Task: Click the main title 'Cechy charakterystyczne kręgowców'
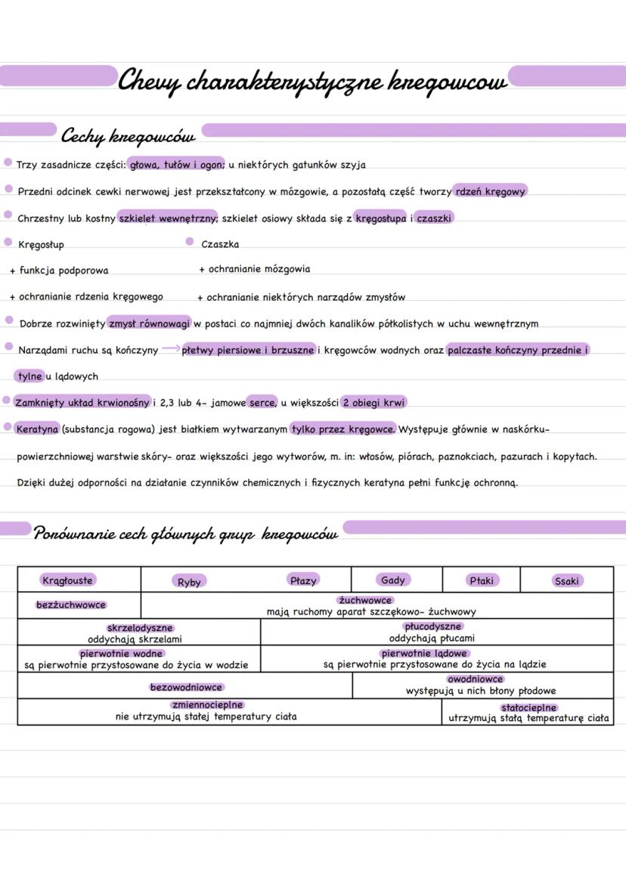(312, 80)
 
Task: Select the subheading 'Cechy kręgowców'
(128, 137)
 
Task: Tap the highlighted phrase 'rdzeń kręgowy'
(490, 191)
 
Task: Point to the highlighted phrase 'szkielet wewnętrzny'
(168, 218)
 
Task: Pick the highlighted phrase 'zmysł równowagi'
(149, 323)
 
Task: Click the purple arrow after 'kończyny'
(171, 348)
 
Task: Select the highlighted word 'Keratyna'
(37, 429)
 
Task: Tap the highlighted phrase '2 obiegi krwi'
(373, 402)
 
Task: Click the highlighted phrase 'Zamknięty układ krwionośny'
(82, 402)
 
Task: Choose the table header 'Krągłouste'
(67, 580)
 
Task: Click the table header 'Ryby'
(189, 582)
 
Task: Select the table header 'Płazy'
(303, 580)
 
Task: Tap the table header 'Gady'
(392, 580)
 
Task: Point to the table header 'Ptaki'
(481, 580)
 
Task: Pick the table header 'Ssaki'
(566, 581)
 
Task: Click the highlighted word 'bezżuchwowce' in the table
(71, 605)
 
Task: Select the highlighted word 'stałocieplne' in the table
(528, 708)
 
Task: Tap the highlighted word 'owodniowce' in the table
(475, 679)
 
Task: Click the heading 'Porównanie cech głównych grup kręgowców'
(186, 534)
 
